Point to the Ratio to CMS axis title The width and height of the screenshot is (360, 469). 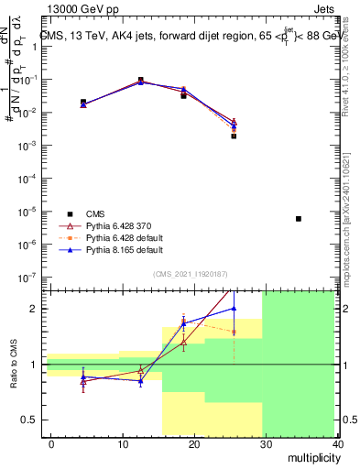(x=14, y=365)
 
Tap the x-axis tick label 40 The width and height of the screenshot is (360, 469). (x=337, y=443)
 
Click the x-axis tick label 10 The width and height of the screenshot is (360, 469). (x=123, y=443)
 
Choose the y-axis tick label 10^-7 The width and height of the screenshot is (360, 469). (x=28, y=277)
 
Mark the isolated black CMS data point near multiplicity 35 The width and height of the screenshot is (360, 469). (x=299, y=219)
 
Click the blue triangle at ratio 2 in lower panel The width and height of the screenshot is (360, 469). (x=234, y=309)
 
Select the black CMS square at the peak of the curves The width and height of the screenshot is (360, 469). (x=140, y=80)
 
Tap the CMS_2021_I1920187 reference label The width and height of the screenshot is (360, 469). (x=191, y=274)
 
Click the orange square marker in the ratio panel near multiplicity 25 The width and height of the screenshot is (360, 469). (x=234, y=332)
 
